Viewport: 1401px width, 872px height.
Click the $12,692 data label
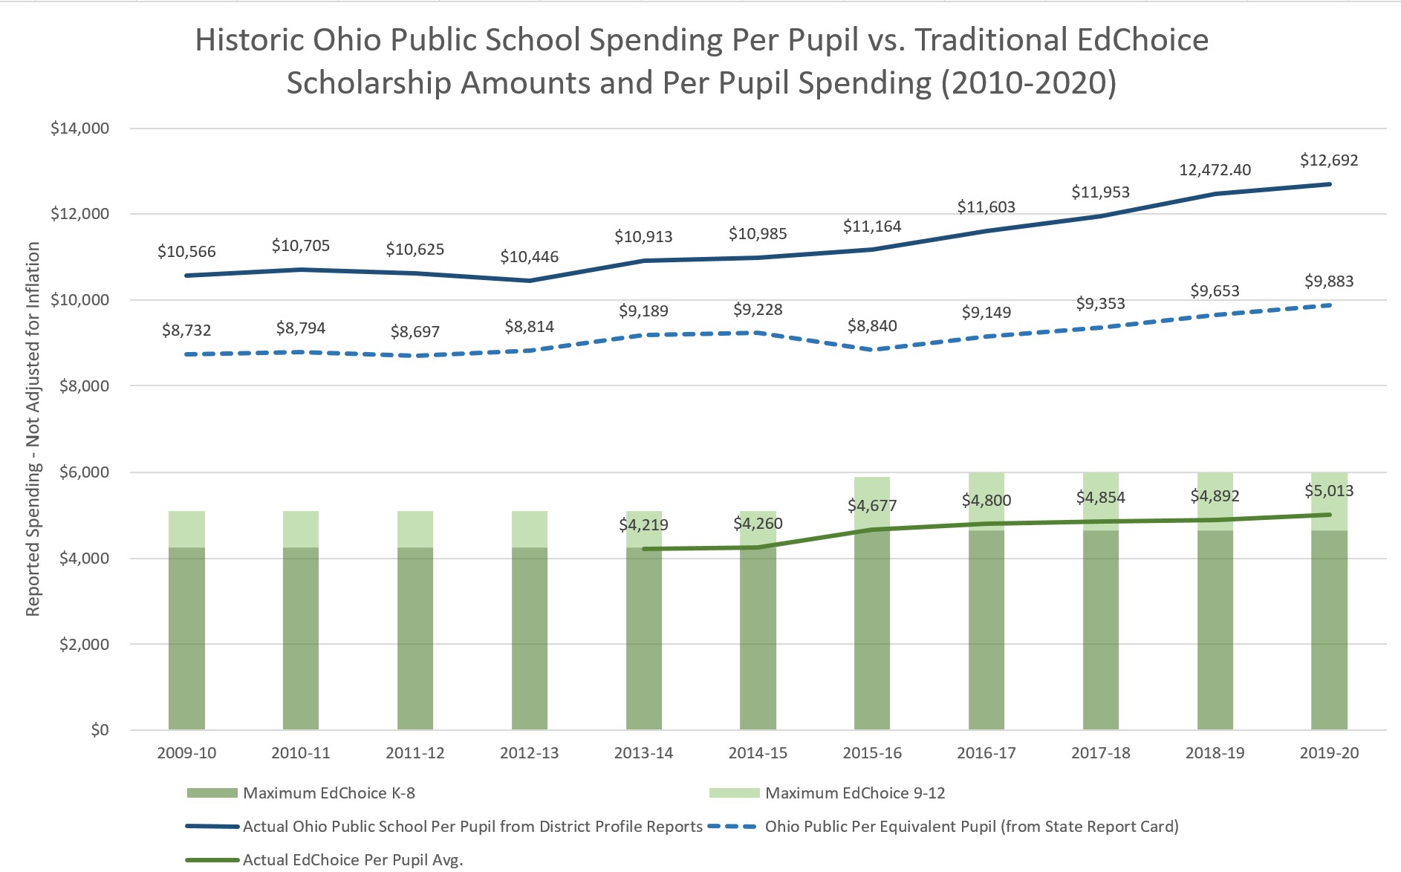[1328, 160]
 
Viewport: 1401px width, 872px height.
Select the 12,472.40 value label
[1215, 170]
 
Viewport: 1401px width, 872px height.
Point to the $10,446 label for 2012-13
[529, 257]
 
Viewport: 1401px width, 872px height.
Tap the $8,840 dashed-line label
[872, 326]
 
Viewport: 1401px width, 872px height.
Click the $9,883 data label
[1328, 282]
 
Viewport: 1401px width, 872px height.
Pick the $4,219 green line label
[643, 525]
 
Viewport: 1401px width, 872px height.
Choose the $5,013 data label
[1328, 491]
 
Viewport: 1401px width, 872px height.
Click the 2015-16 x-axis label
[872, 753]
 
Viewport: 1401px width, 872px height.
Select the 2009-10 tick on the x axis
[186, 753]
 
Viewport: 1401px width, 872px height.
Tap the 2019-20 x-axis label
[1328, 753]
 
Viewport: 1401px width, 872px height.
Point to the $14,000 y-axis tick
[79, 128]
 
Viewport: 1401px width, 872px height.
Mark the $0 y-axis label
[100, 730]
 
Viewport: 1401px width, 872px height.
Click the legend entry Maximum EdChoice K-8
[328, 793]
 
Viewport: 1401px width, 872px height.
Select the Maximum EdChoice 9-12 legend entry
[854, 793]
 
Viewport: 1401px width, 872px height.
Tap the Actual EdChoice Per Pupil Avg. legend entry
[352, 860]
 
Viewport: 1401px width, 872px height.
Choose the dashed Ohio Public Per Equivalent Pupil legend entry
[971, 827]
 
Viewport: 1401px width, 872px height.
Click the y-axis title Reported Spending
[33, 429]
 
